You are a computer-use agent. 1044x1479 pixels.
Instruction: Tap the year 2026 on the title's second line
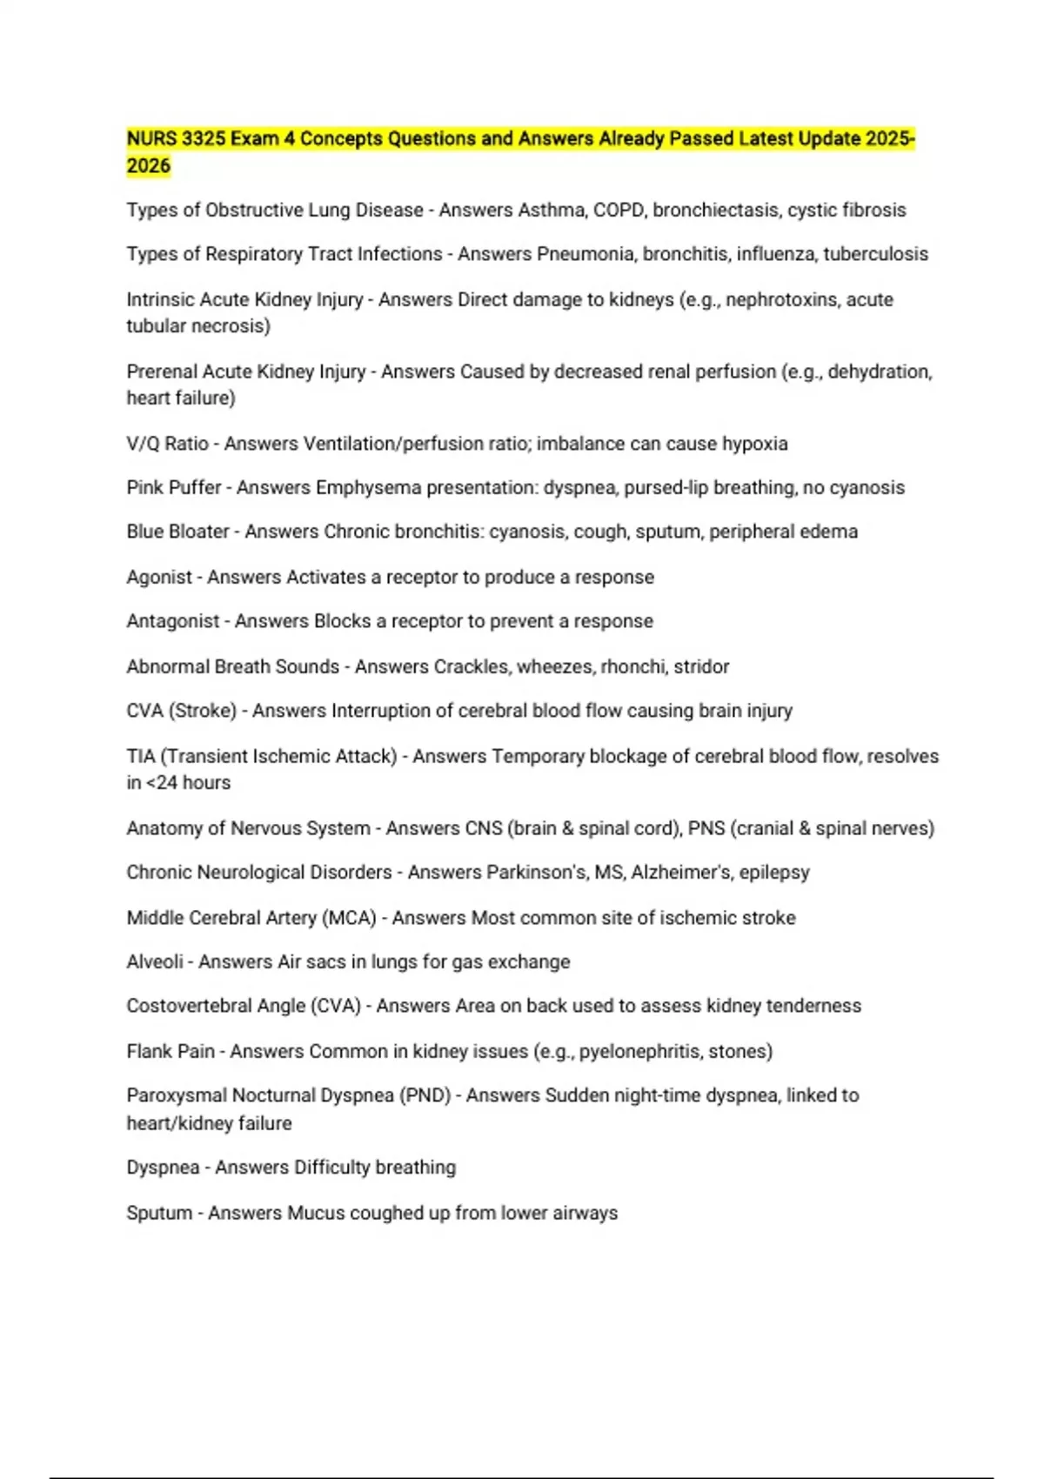(x=148, y=166)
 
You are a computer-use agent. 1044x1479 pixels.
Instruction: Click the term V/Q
(x=143, y=444)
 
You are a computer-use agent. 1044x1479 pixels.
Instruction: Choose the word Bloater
(x=202, y=532)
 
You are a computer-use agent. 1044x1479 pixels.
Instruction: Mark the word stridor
(x=701, y=666)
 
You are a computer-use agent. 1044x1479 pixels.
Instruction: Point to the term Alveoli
(x=155, y=962)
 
